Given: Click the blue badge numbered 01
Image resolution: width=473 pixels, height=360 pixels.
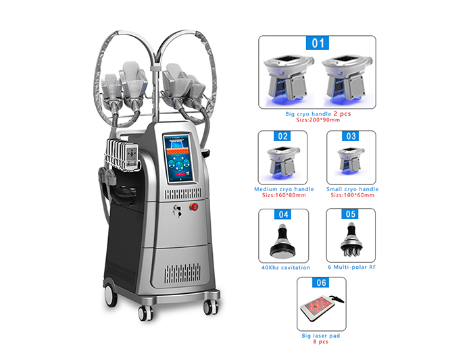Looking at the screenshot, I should (x=318, y=44).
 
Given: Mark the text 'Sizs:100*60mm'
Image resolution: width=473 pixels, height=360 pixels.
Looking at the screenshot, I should (x=352, y=196).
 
